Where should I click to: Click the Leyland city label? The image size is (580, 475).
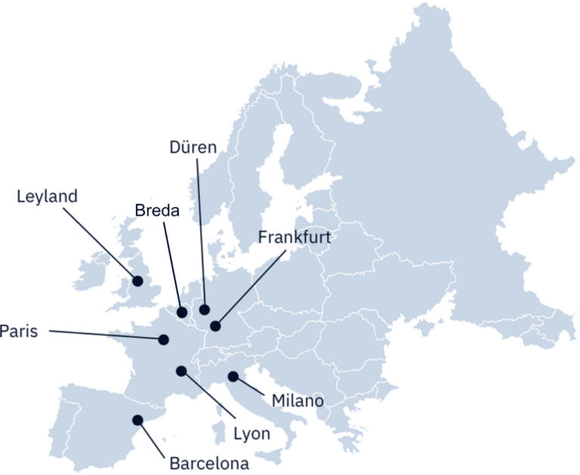(x=47, y=197)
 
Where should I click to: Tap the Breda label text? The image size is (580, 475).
(x=158, y=211)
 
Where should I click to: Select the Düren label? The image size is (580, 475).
(x=193, y=147)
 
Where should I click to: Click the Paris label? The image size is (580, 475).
(x=19, y=332)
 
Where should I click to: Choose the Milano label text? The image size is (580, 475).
(x=299, y=400)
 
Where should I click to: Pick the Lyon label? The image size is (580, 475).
(x=251, y=434)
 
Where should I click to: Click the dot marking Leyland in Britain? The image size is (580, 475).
(x=137, y=281)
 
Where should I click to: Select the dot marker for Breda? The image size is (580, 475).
(x=182, y=312)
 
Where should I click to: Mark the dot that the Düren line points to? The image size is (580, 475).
(x=205, y=309)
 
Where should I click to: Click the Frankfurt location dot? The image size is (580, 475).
(x=215, y=326)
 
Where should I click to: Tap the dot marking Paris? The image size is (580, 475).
(x=163, y=339)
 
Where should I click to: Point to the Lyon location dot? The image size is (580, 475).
(x=181, y=370)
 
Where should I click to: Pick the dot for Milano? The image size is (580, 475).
(x=233, y=375)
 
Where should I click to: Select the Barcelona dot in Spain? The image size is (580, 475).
(x=137, y=420)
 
